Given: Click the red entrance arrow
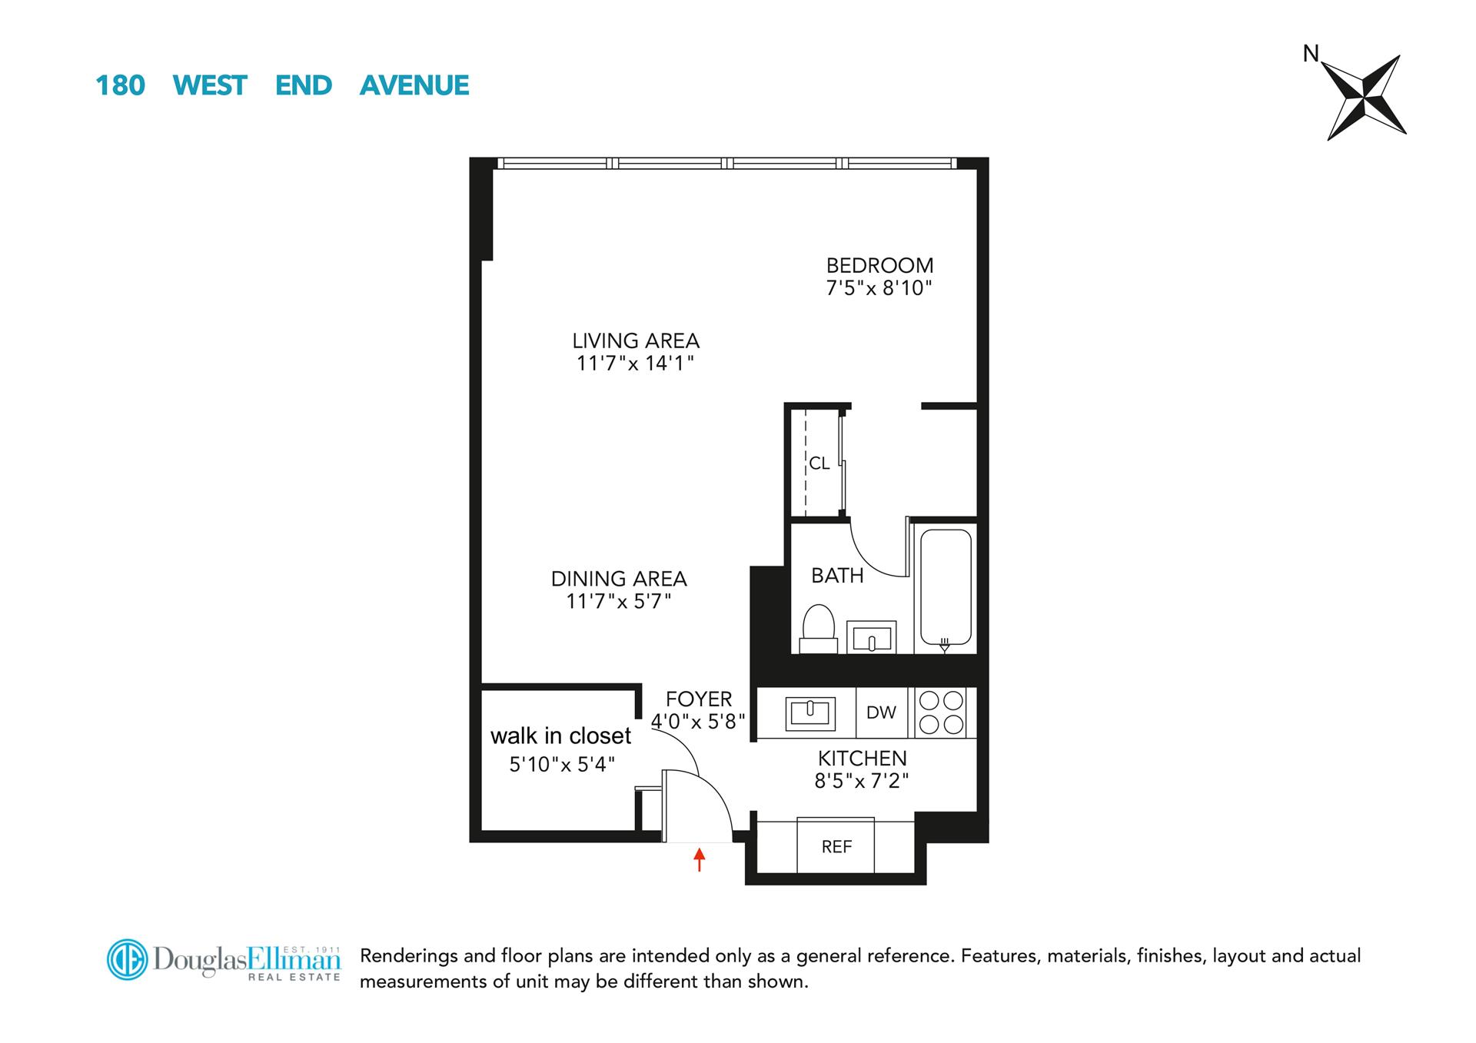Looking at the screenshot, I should [699, 859].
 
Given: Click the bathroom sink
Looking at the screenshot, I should [871, 637].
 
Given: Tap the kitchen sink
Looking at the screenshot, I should [809, 712].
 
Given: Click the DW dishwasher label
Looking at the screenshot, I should [881, 712].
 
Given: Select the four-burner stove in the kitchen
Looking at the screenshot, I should [942, 712].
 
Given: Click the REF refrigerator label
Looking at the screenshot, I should [836, 847].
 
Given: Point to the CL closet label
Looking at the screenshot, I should [819, 463].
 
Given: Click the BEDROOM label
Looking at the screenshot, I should [879, 266].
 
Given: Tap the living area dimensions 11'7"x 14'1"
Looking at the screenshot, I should [635, 364].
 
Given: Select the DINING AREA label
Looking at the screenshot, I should [619, 579].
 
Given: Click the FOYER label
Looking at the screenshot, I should [698, 699].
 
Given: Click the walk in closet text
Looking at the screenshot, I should [560, 736].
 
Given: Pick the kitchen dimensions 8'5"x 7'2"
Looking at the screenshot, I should [861, 782].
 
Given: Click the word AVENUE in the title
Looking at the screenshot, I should [414, 85].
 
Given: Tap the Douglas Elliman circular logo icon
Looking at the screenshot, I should [127, 959].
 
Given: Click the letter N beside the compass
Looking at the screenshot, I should [1311, 54].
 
